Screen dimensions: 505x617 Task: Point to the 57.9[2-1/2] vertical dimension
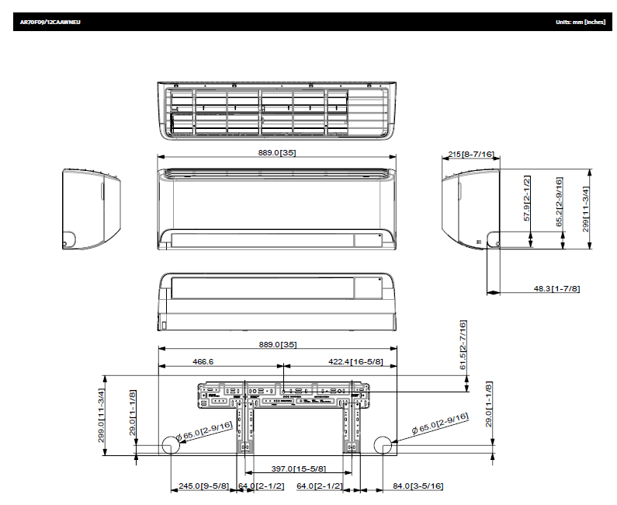(527, 199)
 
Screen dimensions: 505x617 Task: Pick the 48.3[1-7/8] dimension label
(556, 288)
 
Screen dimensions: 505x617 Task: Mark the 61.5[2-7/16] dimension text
(463, 345)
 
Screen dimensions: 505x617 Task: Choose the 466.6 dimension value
(203, 361)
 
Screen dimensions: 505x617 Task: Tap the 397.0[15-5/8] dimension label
(298, 469)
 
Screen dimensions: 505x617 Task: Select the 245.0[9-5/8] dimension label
(203, 486)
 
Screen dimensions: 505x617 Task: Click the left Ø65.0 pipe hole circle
(169, 445)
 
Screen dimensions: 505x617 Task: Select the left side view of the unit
(91, 208)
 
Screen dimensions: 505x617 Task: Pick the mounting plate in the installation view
(283, 394)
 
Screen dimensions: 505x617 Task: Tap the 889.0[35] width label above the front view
(277, 152)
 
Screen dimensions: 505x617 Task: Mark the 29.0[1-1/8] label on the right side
(488, 404)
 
